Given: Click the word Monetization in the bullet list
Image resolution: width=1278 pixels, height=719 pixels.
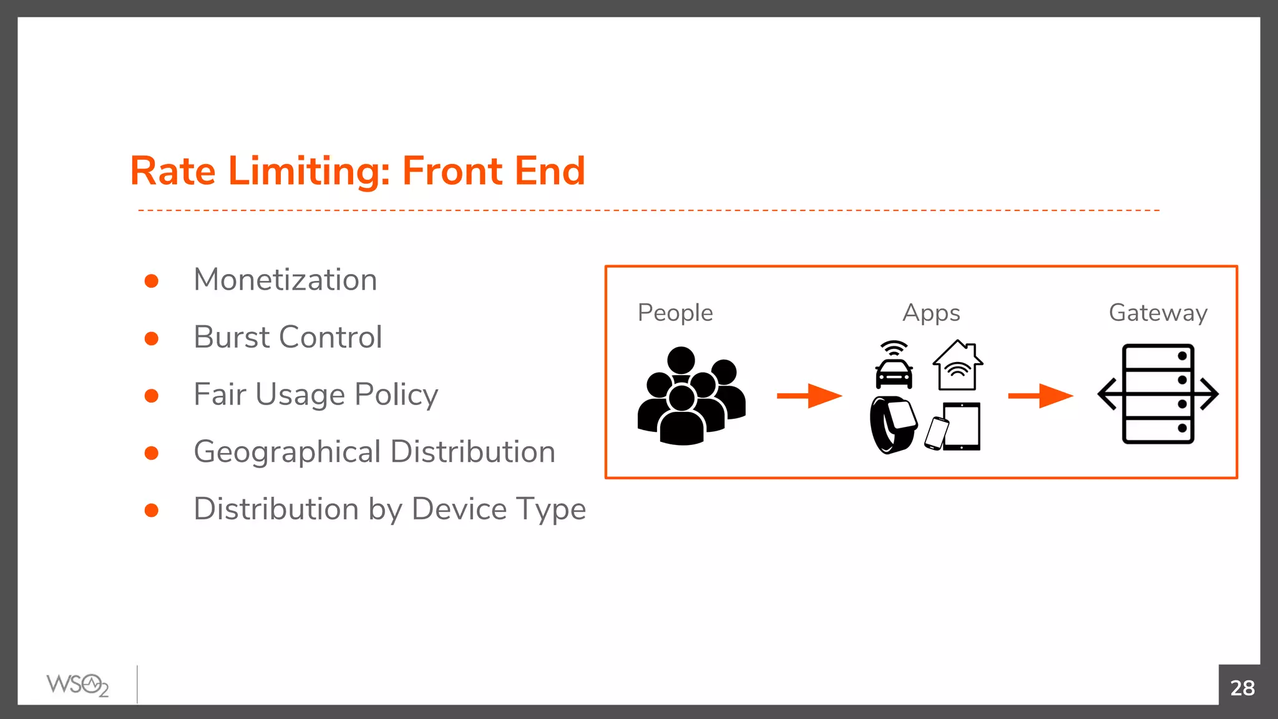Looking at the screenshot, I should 285,280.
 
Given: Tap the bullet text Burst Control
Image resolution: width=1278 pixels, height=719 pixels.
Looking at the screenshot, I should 288,337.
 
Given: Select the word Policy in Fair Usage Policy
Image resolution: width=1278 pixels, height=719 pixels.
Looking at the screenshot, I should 396,394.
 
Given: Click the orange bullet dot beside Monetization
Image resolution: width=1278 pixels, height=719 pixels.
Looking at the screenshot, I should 151,281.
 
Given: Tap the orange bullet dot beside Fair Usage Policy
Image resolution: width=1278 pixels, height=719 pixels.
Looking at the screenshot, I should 151,396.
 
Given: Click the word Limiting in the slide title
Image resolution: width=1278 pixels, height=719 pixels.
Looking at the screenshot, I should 309,171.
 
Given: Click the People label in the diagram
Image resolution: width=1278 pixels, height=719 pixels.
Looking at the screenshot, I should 675,313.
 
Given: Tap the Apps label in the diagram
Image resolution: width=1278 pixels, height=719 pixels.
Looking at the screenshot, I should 931,313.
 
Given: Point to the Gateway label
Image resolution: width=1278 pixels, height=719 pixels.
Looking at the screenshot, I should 1158,313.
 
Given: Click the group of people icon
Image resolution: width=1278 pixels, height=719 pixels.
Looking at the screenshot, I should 691,396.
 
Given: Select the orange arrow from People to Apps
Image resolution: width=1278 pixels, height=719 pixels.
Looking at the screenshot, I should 809,396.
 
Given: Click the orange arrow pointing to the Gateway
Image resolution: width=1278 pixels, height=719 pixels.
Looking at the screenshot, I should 1040,396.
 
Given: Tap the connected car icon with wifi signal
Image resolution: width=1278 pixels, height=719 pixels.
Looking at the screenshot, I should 894,366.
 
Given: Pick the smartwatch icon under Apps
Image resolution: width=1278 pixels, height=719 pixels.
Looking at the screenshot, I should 894,425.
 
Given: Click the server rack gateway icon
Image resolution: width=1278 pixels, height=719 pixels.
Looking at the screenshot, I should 1158,394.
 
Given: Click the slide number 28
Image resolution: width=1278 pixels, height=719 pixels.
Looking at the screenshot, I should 1242,688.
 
